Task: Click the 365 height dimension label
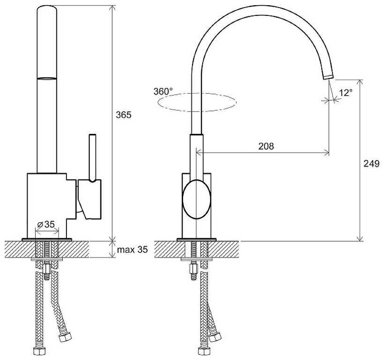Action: click(x=124, y=115)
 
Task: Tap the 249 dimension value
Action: click(x=371, y=163)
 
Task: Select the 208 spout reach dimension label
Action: click(x=266, y=146)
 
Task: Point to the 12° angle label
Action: click(x=346, y=93)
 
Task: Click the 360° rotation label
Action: click(x=163, y=91)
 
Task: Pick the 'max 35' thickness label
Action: click(x=132, y=250)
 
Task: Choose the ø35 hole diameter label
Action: click(x=46, y=224)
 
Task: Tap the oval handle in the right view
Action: click(x=197, y=199)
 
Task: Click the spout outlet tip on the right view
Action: click(x=328, y=76)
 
